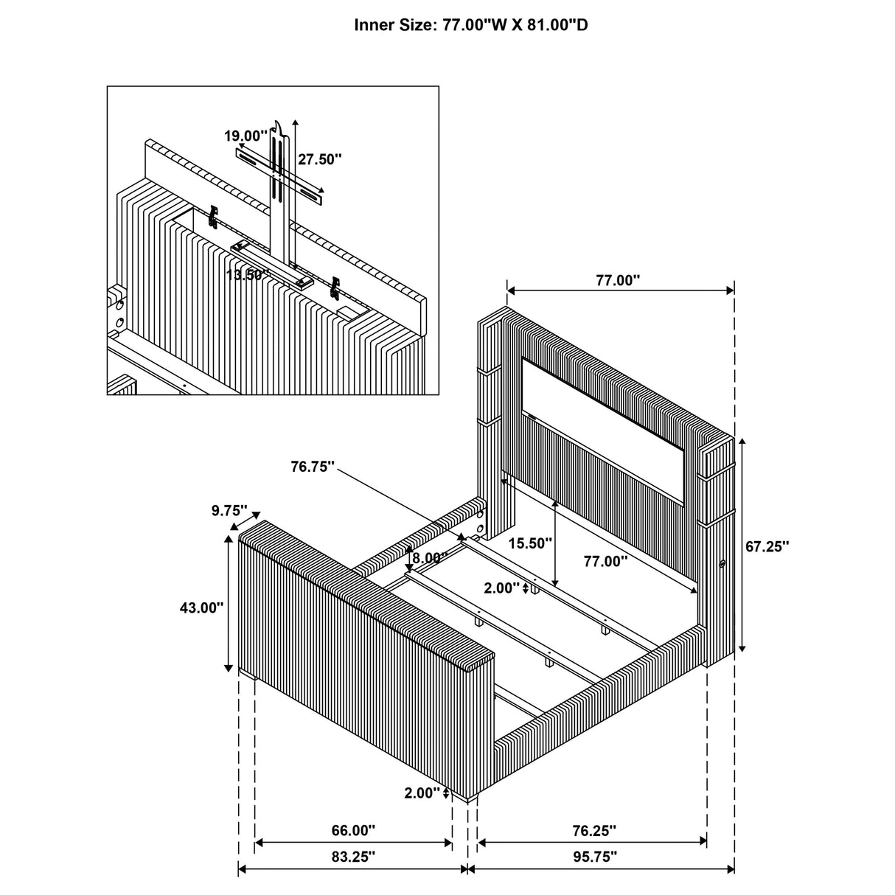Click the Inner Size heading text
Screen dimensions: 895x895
(x=471, y=26)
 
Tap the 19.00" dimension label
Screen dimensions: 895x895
(x=246, y=136)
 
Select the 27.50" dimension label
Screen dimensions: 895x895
(x=320, y=159)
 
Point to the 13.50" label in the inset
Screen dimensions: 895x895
(x=248, y=274)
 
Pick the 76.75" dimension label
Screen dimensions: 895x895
(x=313, y=467)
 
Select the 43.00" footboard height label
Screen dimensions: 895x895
(x=201, y=607)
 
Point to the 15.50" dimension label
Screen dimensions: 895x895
(x=530, y=543)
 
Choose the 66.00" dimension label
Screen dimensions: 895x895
(x=353, y=830)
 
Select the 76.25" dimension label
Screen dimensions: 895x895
(x=593, y=830)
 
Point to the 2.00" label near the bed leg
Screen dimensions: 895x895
(x=422, y=793)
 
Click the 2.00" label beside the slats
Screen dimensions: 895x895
(x=501, y=588)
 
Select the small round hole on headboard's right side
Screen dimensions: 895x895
(x=722, y=564)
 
